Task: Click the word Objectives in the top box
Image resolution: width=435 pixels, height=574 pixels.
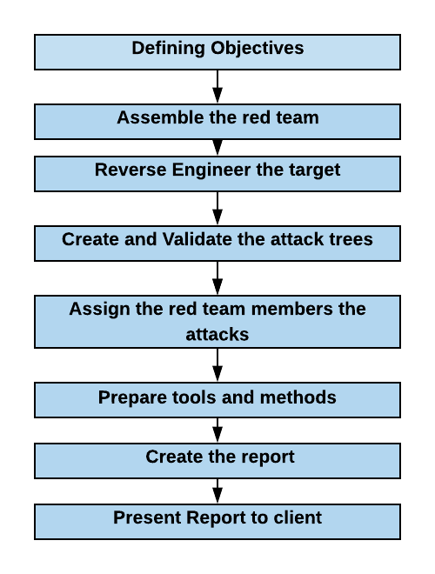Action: (x=257, y=49)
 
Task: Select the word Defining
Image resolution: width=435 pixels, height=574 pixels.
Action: (x=168, y=49)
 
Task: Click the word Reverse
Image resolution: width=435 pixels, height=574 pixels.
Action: (x=130, y=170)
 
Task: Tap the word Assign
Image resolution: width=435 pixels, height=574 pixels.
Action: (x=99, y=310)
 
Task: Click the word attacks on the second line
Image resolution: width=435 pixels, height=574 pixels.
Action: (x=217, y=335)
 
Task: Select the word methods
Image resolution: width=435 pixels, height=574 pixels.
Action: (x=298, y=397)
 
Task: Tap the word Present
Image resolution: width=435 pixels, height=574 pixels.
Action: (x=147, y=517)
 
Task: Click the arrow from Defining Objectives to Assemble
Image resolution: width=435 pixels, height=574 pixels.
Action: (x=217, y=86)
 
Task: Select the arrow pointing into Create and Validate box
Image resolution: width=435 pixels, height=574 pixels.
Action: (x=217, y=209)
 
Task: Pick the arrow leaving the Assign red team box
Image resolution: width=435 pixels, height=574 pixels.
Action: (x=217, y=365)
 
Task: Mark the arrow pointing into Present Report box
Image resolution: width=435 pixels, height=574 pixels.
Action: (x=217, y=491)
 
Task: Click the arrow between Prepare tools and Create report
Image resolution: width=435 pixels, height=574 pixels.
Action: (x=217, y=430)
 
